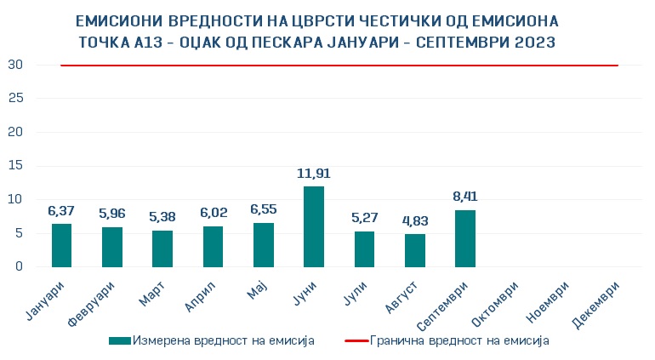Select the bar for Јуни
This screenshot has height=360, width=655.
coord(314,226)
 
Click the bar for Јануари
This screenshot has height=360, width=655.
coord(61,245)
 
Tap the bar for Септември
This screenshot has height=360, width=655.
coord(465,238)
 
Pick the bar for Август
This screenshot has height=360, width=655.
coord(415,250)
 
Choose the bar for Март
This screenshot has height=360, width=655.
coord(162,249)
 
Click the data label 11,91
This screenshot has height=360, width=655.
coord(314,174)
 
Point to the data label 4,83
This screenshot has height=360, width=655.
coord(415,221)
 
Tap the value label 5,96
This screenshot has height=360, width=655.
coord(112,214)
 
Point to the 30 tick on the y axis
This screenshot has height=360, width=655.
coord(15,65)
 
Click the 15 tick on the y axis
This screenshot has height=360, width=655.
coord(15,166)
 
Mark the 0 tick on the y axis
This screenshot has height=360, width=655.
coord(19,266)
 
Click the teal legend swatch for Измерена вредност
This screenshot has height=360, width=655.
coord(120,340)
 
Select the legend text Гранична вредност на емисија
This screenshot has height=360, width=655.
coord(459,340)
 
